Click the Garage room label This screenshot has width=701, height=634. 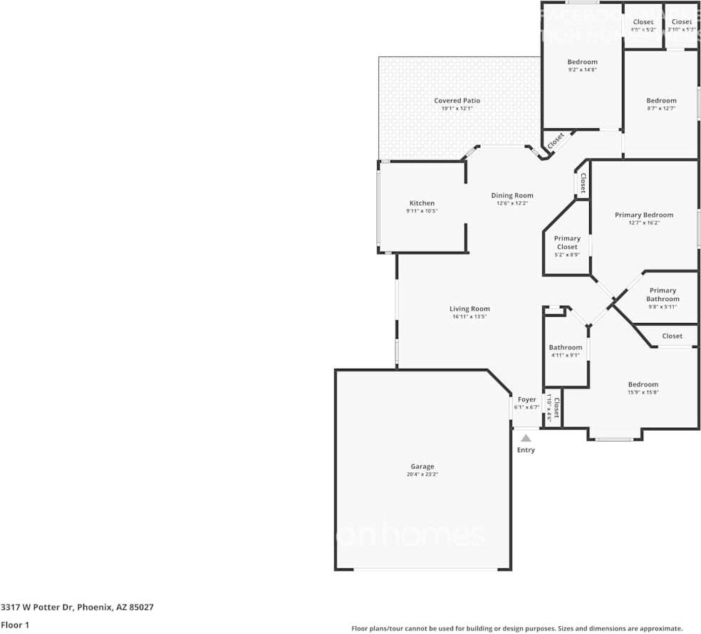coord(422,466)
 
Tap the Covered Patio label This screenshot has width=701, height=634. coord(457,101)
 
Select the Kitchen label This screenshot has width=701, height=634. coord(422,203)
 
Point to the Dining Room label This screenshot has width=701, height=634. coord(512,195)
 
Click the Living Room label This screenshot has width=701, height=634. coord(469,309)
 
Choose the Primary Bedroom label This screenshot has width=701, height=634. coord(644,215)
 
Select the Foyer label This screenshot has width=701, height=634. coord(526,399)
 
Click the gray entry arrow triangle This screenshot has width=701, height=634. coord(526,439)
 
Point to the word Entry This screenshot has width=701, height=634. coord(526,450)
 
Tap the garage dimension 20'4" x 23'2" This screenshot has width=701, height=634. coord(422,474)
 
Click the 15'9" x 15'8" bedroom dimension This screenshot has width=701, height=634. coord(643,392)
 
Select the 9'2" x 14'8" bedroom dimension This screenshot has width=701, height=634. coord(582,70)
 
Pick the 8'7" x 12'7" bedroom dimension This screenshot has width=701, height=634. coord(661,108)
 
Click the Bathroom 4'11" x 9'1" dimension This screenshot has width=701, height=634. coord(565,355)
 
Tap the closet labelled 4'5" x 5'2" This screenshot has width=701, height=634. coord(643,29)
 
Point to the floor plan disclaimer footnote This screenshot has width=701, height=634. coord(517,628)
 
